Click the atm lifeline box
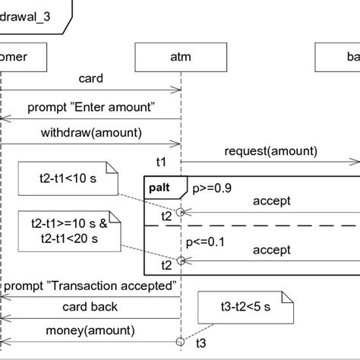point(181,57)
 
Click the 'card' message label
point(91,78)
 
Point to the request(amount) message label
point(260,150)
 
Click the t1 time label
point(162,161)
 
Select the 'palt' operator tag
point(162,186)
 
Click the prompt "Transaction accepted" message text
point(91,287)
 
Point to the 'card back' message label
point(91,308)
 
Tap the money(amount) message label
point(91,330)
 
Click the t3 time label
point(200,343)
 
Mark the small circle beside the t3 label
point(181,340)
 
